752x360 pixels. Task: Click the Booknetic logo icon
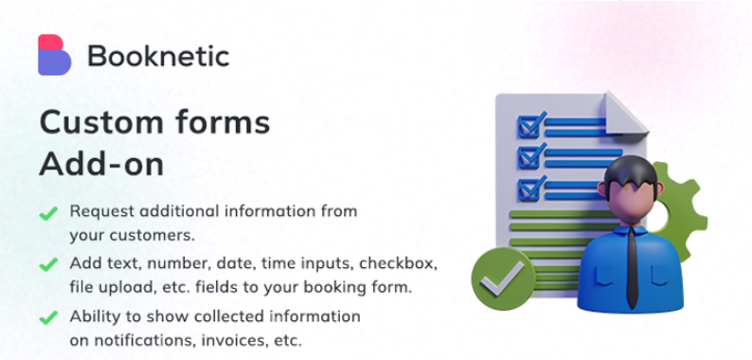(55, 55)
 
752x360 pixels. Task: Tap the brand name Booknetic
(158, 56)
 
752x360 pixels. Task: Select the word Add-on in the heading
(101, 163)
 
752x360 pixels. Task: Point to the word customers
(155, 234)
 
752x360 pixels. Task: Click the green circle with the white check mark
(502, 278)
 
